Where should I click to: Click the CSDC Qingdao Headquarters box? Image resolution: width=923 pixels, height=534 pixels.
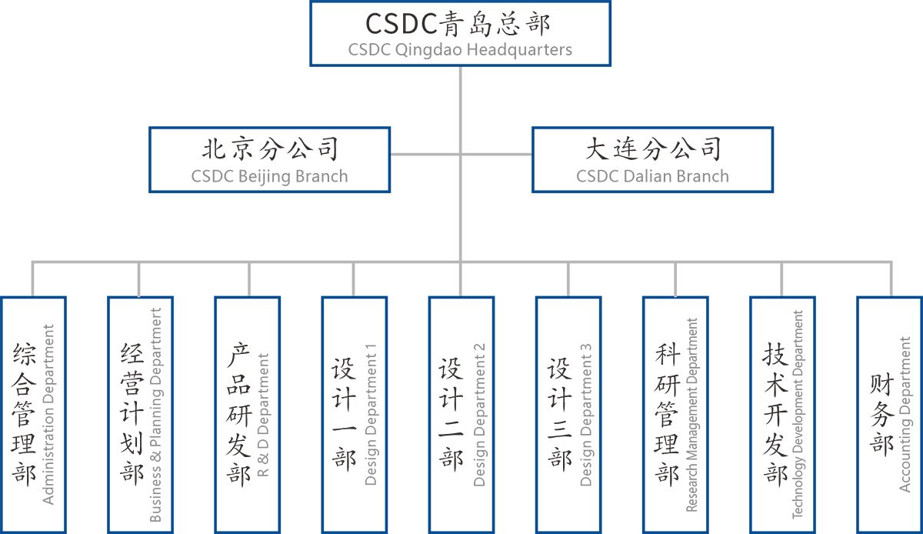[x=460, y=33]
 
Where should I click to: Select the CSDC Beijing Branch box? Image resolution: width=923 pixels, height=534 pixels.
[x=269, y=160]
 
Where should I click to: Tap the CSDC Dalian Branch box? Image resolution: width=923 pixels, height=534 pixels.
[x=652, y=160]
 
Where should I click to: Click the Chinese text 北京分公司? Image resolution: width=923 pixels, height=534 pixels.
[x=269, y=148]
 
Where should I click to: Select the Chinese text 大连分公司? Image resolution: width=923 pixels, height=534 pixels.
[x=652, y=148]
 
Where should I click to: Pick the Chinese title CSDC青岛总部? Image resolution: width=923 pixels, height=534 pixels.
[x=458, y=24]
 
